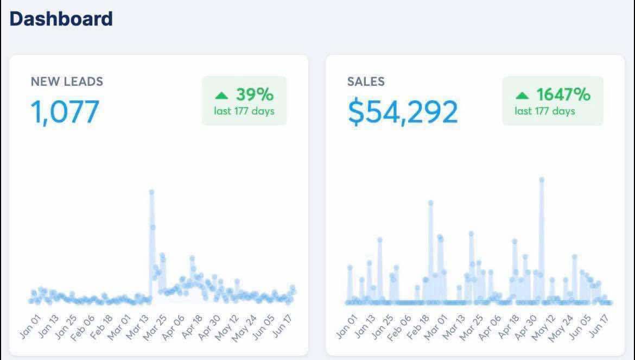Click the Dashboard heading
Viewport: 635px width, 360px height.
click(61, 19)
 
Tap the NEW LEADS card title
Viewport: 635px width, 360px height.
click(67, 81)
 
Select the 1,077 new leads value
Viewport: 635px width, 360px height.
click(65, 111)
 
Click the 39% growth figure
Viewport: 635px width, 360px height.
click(255, 95)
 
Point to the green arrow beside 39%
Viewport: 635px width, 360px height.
click(221, 96)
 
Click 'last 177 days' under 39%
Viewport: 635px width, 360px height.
click(244, 111)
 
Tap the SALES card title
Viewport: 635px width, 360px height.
click(366, 81)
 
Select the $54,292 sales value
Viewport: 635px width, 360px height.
click(403, 111)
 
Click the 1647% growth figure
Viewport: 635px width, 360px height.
click(563, 95)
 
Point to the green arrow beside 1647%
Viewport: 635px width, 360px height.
click(522, 96)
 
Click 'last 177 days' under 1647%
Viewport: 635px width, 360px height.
click(544, 111)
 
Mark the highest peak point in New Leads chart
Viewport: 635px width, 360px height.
click(151, 192)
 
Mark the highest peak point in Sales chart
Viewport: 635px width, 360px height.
click(541, 180)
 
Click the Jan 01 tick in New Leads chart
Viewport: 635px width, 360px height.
click(31, 326)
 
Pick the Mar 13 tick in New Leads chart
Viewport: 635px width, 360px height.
click(138, 326)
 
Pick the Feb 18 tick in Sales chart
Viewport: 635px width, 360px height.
click(419, 326)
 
